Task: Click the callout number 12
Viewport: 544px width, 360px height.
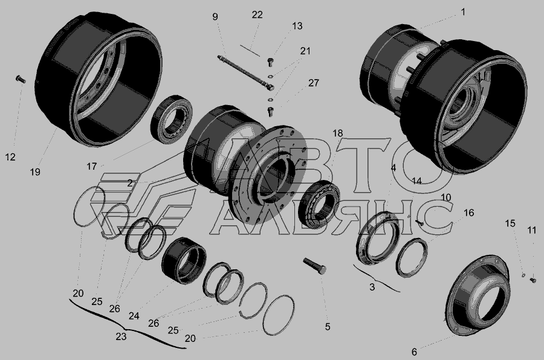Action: coord(10,157)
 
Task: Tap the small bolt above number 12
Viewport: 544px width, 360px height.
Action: coord(21,79)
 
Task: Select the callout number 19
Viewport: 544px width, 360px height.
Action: coord(35,172)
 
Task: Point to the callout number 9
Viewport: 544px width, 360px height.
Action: coord(215,17)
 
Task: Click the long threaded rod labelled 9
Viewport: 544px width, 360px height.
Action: coord(245,72)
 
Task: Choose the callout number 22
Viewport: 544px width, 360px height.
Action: coord(257,15)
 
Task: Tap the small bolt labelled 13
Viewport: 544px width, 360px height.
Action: coord(271,62)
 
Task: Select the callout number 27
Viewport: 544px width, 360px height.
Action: coord(314,83)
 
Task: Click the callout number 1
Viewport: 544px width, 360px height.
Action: coord(463,13)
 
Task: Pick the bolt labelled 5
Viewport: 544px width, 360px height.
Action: coord(315,266)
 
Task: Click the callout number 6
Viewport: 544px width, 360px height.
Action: coord(414,352)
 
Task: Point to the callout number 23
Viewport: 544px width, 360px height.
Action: coord(121,337)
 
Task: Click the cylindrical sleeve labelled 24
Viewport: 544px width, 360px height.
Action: coord(184,260)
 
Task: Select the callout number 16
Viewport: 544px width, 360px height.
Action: coord(468,213)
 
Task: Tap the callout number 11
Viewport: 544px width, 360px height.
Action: coord(532,230)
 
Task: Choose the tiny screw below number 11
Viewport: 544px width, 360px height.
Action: coord(533,280)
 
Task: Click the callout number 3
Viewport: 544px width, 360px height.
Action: coord(372,287)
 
